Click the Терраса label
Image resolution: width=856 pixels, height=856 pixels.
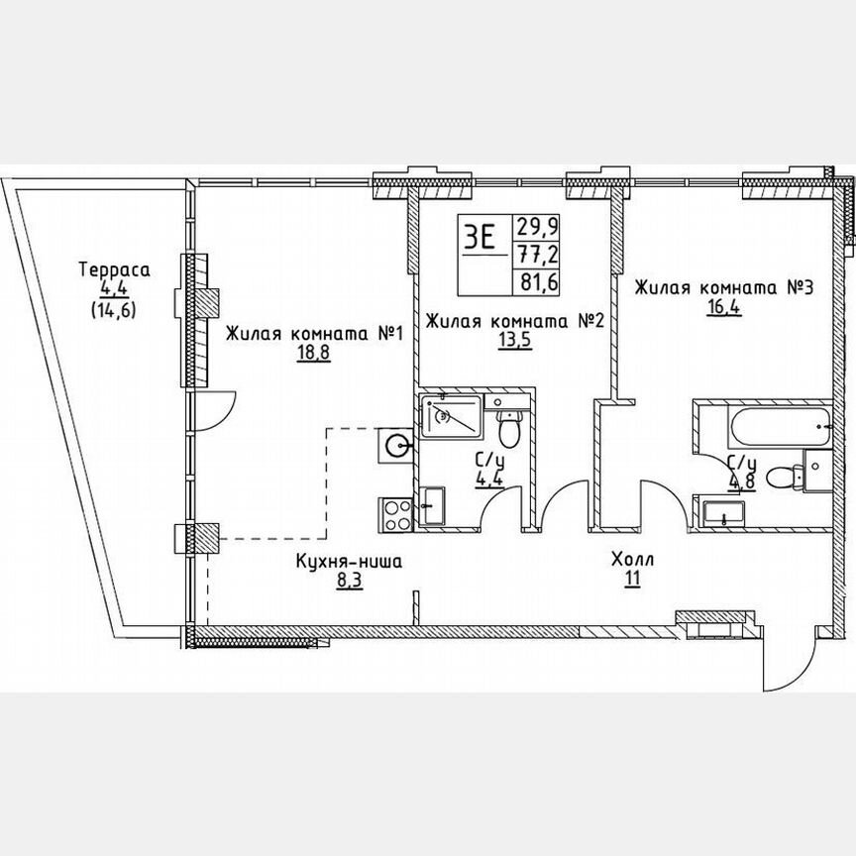(x=114, y=269)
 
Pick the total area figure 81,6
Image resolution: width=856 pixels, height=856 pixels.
(x=533, y=280)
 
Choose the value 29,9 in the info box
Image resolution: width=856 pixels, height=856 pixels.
(x=533, y=225)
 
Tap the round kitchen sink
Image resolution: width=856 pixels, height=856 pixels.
(x=396, y=446)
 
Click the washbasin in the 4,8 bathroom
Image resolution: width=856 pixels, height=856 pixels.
(x=727, y=513)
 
